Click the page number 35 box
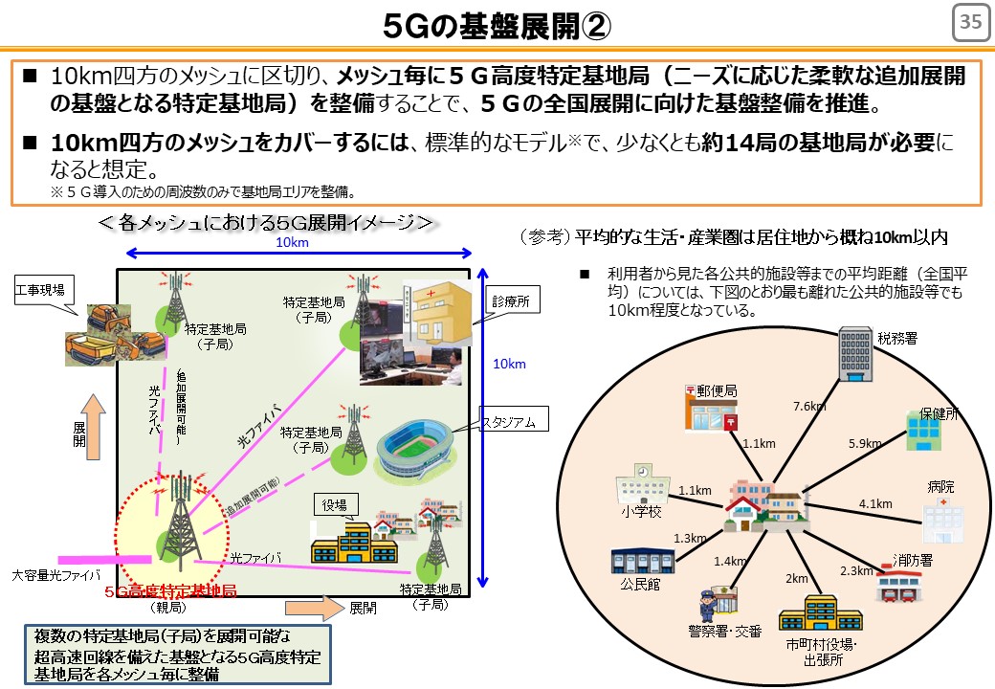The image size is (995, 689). (970, 22)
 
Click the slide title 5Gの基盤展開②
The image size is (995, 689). (497, 26)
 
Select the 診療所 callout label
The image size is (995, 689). (512, 301)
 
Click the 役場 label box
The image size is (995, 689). (335, 505)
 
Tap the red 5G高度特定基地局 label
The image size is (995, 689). (170, 591)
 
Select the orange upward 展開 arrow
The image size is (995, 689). (94, 427)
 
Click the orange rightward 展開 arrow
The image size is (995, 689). (314, 608)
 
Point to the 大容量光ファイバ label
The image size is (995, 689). (55, 576)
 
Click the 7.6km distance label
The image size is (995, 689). (809, 406)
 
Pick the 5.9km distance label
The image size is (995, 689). (865, 443)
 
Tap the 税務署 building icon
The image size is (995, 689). (854, 353)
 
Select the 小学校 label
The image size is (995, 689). (641, 511)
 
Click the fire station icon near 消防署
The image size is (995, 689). (898, 584)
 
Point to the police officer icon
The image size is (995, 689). (708, 605)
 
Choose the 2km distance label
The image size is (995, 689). (796, 579)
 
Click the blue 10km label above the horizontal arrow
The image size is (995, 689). (292, 242)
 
